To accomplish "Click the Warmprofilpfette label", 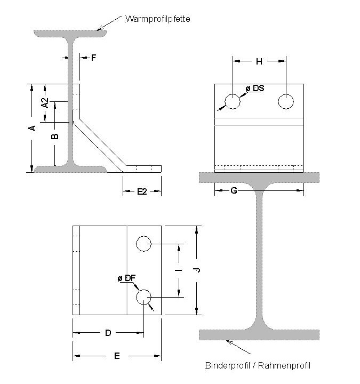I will [x=157, y=19].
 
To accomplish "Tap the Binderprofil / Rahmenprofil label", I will [x=258, y=365].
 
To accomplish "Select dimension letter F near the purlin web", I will [x=93, y=58].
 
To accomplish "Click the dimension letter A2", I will [x=46, y=103].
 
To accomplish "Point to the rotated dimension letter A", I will [x=32, y=128].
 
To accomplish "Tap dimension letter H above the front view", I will [x=259, y=62].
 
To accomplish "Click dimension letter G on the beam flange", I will [x=234, y=190].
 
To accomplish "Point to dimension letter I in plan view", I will [x=179, y=270].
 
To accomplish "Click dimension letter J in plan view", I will [x=197, y=270].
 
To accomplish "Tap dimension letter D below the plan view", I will [x=108, y=333].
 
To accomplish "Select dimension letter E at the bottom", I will [x=117, y=356].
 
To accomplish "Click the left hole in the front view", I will [x=232, y=101].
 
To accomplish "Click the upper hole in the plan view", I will [x=144, y=244].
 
